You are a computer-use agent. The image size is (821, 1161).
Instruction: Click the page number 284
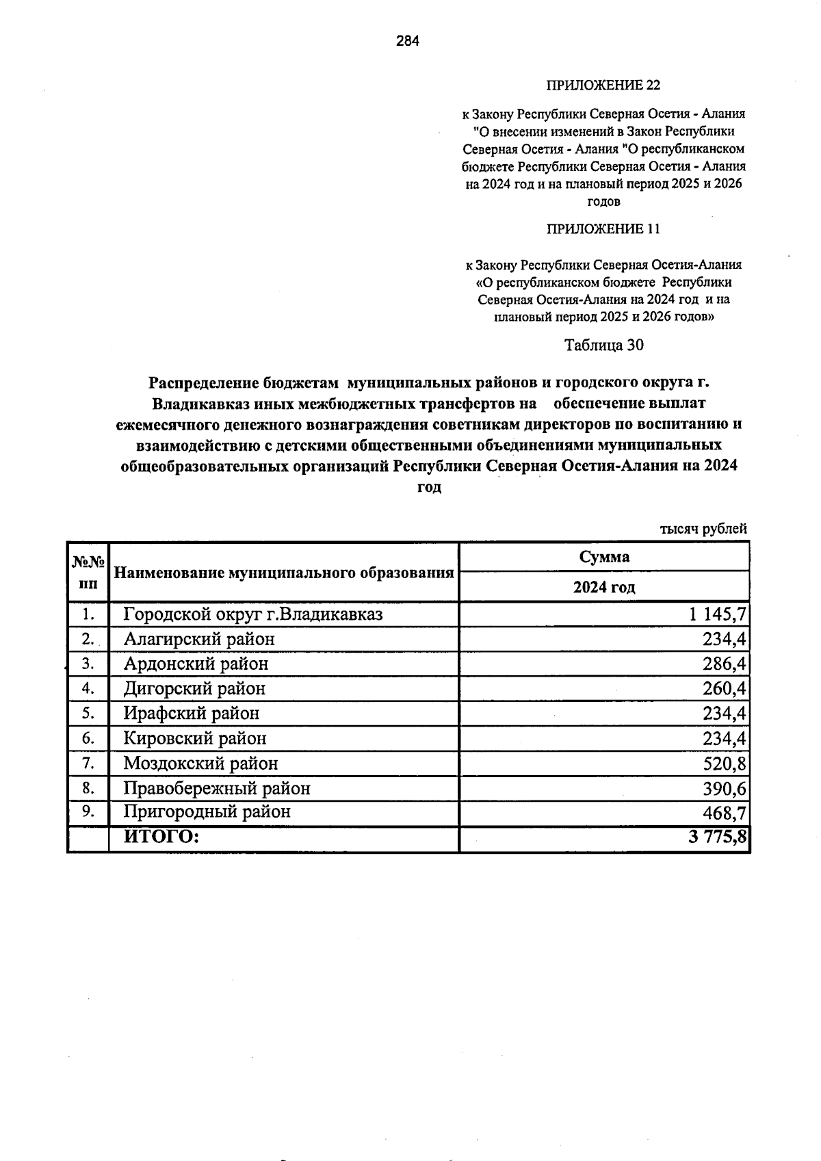pos(408,41)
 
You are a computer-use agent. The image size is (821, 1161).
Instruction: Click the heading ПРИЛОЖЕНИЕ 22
pos(603,85)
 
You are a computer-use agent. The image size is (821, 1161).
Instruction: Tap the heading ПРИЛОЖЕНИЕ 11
pos(603,229)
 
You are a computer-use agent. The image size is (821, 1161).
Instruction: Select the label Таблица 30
pos(603,345)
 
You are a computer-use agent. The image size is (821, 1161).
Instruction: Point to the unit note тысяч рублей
pos(703,529)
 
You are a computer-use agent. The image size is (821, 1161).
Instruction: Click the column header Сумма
pos(604,557)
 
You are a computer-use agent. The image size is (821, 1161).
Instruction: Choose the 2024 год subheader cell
pos(604,587)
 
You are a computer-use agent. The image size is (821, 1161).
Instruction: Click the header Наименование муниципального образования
pos(284,573)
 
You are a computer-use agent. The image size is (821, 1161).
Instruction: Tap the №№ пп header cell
pos(88,573)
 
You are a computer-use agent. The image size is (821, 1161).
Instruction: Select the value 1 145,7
pos(717,614)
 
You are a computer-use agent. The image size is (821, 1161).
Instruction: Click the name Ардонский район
pos(196,664)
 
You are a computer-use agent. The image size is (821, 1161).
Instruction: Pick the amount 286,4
pos(725,664)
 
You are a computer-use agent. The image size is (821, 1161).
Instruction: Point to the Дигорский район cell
pos(194,688)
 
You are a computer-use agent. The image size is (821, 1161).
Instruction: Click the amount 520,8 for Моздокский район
pos(725,764)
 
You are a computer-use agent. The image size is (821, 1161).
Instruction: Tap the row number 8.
pos(88,788)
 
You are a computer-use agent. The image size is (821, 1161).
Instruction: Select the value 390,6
pos(725,789)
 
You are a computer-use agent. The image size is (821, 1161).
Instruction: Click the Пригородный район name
pos(207,812)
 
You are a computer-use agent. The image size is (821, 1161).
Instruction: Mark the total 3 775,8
pos(717,837)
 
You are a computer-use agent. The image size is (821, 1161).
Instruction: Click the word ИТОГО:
pos(161,836)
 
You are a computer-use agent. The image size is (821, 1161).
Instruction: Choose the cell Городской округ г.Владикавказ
pos(253,614)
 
